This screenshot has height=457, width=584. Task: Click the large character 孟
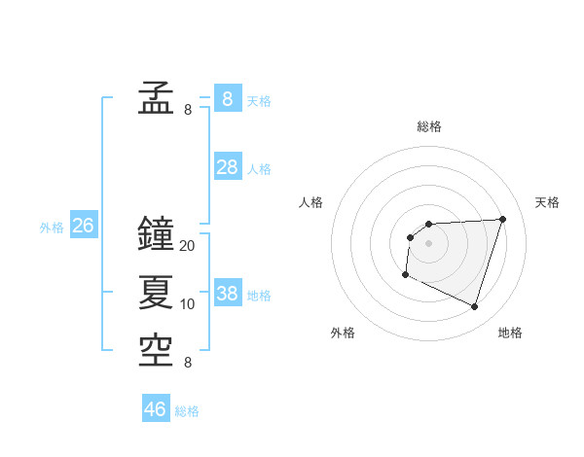pos(156,98)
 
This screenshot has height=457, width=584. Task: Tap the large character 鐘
pos(156,233)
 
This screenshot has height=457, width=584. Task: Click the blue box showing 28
pos(227,167)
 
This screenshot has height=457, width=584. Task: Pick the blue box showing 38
pos(227,294)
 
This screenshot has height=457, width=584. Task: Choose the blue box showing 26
pos(83,227)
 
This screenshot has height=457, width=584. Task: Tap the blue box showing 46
pos(156,409)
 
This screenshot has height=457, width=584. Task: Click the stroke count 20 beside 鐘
pos(188,246)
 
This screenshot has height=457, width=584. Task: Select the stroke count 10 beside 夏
pos(188,304)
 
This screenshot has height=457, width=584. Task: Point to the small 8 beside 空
pos(188,363)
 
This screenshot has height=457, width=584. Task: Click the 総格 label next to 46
pos(187,411)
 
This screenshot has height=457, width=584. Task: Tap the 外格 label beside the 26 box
pos(52,228)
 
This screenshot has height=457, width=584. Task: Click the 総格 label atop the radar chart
pos(428,126)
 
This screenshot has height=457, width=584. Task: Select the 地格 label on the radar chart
pos(510,333)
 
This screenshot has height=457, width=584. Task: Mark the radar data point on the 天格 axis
pos(502,219)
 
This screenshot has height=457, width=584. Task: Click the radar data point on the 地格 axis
pos(474,306)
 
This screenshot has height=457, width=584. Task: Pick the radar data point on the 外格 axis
pos(405,275)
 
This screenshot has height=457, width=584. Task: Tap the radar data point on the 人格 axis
pos(410,237)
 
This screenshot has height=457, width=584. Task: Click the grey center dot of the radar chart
pos(428,243)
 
